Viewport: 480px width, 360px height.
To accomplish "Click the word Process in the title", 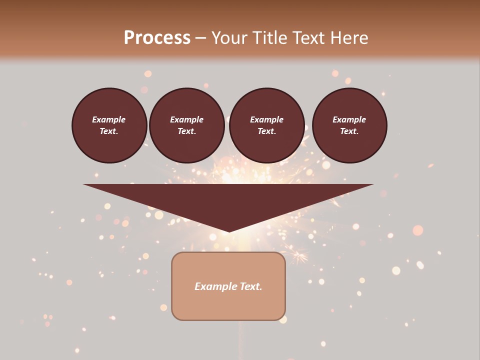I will (157, 38).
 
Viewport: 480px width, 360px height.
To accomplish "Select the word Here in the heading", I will (348, 38).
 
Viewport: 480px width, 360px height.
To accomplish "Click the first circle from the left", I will (109, 125).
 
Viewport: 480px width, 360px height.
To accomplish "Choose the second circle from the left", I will (187, 125).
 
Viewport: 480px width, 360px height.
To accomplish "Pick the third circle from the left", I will (266, 125).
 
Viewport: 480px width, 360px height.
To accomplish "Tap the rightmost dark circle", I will (349, 125).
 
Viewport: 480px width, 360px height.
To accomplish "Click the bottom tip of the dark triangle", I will (229, 231).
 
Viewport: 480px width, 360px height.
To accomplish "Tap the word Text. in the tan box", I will (250, 286).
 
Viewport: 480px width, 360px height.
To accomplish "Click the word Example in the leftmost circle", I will (109, 119).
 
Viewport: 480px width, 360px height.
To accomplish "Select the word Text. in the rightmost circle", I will (349, 131).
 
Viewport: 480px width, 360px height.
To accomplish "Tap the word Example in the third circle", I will (266, 119).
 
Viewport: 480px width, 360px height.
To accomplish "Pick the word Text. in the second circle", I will (187, 131).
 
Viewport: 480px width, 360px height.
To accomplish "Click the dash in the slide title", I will (200, 38).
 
